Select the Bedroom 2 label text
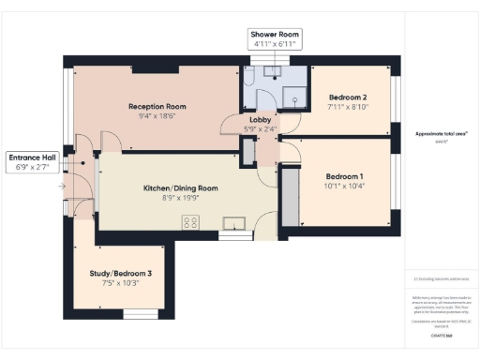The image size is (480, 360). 347,97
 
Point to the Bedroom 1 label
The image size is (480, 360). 344,176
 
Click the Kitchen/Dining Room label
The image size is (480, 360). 180,187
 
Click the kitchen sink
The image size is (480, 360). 232,222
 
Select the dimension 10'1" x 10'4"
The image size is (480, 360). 344,187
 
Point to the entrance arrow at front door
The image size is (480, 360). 63,187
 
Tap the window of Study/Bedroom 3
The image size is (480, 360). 141,313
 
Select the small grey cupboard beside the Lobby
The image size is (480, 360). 247,151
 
